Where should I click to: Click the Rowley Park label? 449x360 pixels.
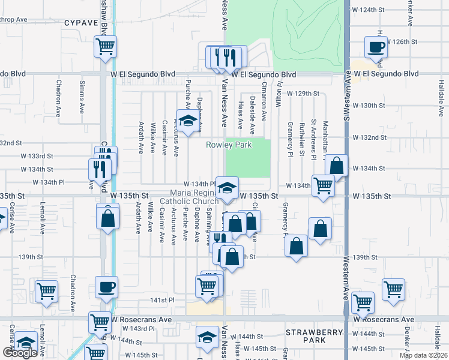tap(229, 145)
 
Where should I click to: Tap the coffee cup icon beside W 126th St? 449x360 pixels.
tap(376, 47)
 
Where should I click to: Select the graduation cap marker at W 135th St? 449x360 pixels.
tap(227, 187)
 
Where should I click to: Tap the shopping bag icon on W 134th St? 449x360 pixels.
tap(337, 166)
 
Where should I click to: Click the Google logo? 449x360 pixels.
tap(20, 353)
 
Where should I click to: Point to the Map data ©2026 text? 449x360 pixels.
tap(423, 355)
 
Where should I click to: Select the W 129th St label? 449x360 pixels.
tap(303, 94)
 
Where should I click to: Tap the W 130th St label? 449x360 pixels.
tap(368, 106)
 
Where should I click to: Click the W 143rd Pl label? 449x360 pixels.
tap(139, 329)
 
